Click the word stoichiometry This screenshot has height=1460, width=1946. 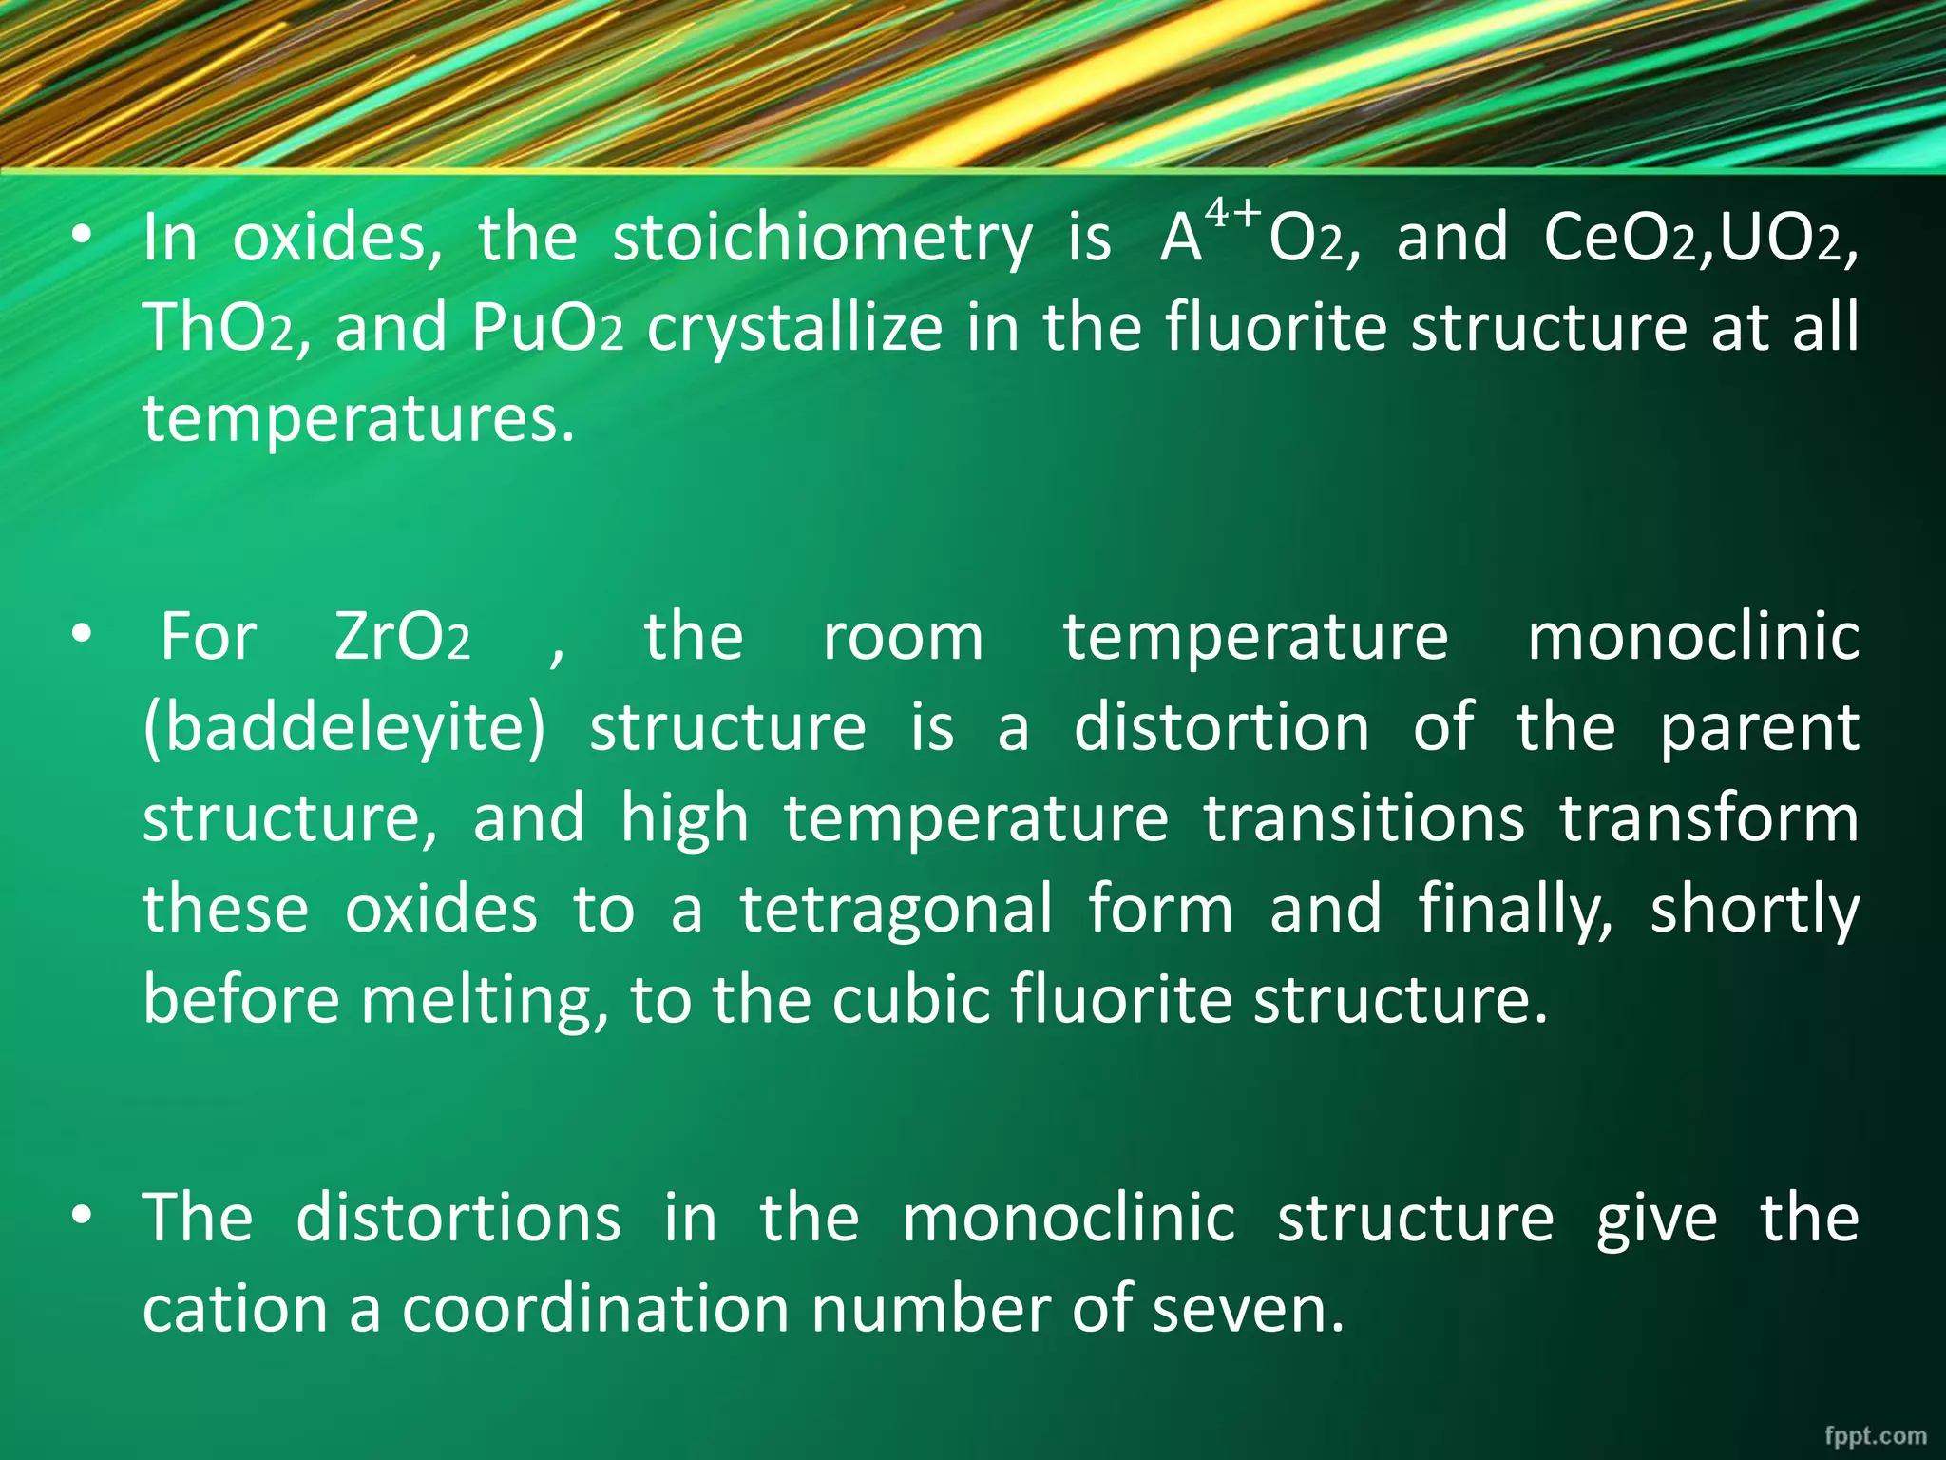coord(822,238)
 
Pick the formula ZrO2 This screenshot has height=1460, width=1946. coord(402,637)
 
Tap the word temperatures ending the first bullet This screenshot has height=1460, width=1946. coord(358,419)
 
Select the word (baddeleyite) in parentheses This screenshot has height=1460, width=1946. coord(345,728)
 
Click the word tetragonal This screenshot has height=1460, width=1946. coord(896,909)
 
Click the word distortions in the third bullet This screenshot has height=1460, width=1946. coord(458,1218)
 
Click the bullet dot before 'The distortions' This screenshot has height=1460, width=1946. coord(84,1216)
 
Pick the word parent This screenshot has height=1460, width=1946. coord(1759,728)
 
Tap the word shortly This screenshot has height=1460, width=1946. coord(1754,909)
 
